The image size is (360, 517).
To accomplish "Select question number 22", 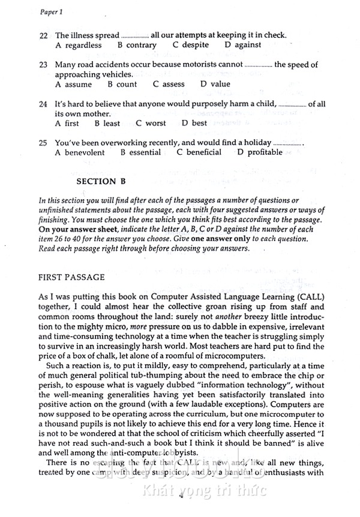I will pyautogui.click(x=43, y=36).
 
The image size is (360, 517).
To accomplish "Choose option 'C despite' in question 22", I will pyautogui.click(x=190, y=45).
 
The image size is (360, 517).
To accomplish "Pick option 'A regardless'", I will pyautogui.click(x=78, y=45).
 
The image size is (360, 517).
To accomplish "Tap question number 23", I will pyautogui.click(x=43, y=65).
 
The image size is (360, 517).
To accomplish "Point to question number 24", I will pyautogui.click(x=43, y=104).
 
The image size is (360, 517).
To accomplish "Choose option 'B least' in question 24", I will pyautogui.click(x=107, y=124).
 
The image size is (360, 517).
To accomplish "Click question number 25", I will pyautogui.click(x=43, y=143).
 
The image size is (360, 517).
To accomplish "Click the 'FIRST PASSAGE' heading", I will pyautogui.click(x=71, y=278).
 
